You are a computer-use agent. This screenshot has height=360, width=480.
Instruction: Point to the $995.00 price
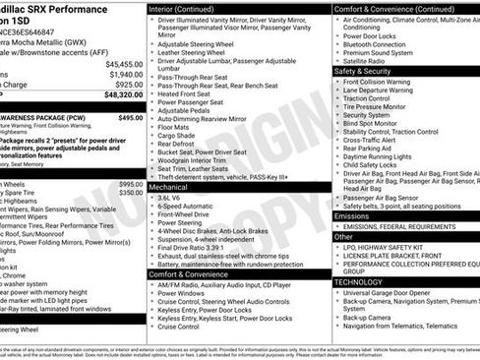tap(130, 184)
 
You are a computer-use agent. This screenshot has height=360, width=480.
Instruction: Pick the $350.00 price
tap(130, 194)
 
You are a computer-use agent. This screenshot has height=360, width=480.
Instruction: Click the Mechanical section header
tap(168, 185)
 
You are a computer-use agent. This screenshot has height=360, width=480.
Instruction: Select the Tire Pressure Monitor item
tap(381, 104)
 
